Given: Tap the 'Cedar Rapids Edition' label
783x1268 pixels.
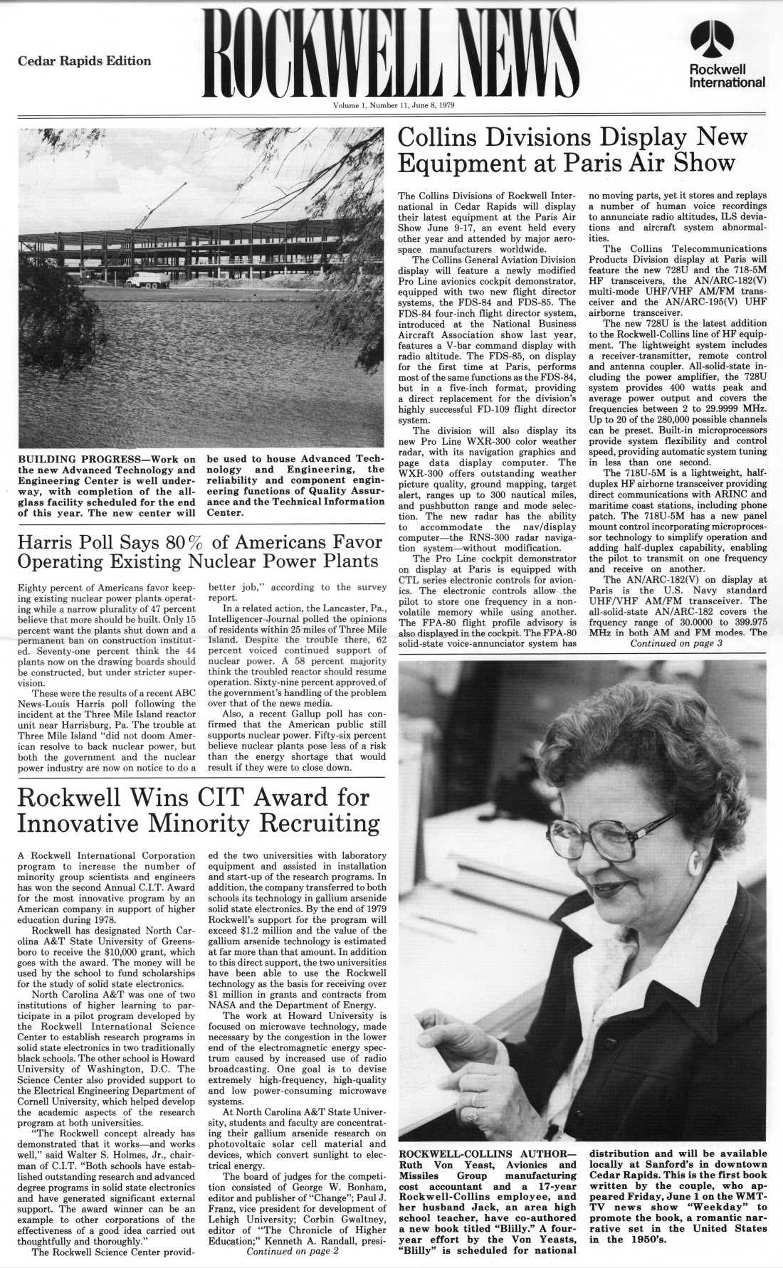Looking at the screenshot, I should (x=85, y=61).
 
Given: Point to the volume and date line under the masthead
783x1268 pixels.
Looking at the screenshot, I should (x=394, y=105).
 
